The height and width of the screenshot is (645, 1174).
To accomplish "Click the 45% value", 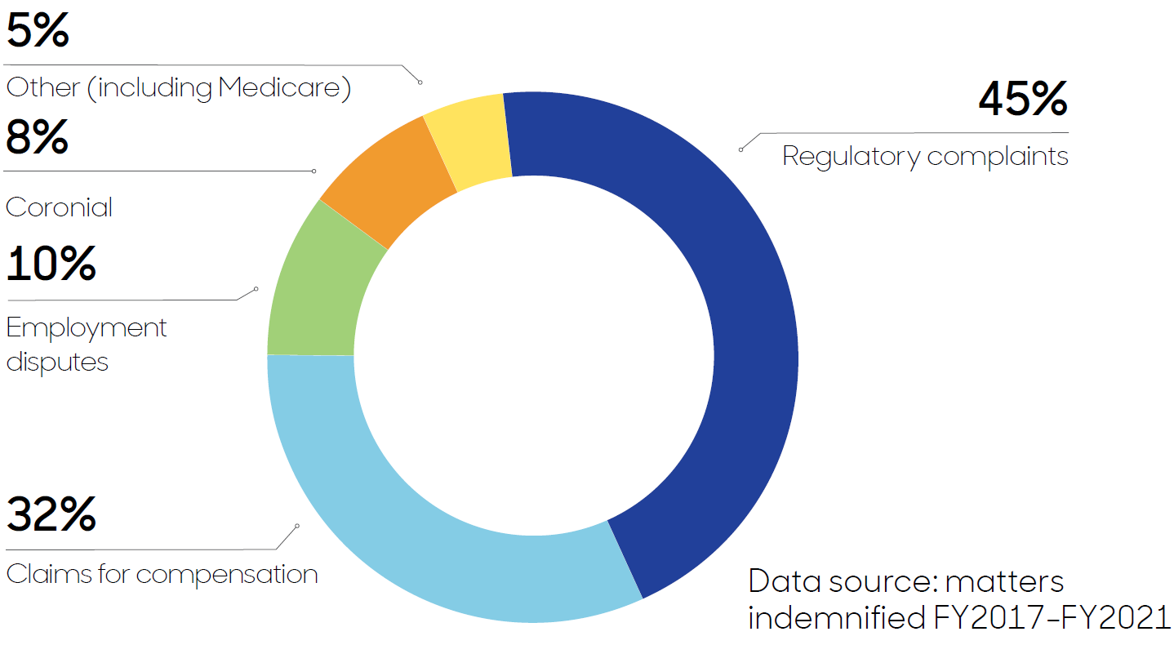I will (1022, 99).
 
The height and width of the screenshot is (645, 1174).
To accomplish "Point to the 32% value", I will (51, 514).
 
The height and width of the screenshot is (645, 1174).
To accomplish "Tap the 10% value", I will (51, 264).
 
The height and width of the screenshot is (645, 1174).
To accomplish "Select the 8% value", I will (37, 137).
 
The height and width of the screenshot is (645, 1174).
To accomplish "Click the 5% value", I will (37, 30).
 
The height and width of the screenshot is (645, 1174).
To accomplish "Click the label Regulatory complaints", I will (925, 156).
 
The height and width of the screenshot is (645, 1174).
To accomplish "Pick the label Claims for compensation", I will (162, 574).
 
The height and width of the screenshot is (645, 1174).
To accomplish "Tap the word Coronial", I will (59, 207).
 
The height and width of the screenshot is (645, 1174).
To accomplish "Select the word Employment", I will (87, 328).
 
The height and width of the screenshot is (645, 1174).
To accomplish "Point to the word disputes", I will (57, 361).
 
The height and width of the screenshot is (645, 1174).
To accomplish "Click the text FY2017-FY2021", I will (1052, 618).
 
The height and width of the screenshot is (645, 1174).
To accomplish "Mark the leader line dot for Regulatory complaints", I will (740, 149).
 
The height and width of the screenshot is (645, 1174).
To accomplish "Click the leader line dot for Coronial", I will (314, 171).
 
